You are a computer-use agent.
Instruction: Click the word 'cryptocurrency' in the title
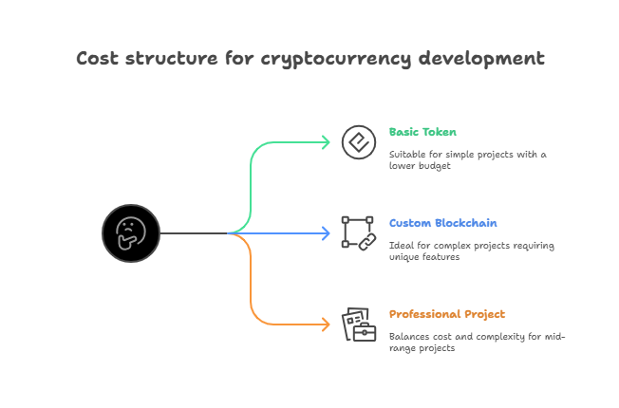tap(335, 60)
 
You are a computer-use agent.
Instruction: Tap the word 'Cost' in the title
tap(97, 59)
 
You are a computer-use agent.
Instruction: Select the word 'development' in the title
tap(481, 59)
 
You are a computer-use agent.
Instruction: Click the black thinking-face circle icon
tap(131, 233)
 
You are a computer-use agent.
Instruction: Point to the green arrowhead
tap(326, 142)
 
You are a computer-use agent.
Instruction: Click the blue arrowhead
tap(326, 233)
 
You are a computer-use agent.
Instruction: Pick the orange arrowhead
tap(326, 325)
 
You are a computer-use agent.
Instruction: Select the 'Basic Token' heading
tap(422, 132)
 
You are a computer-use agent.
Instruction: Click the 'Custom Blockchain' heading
tap(443, 223)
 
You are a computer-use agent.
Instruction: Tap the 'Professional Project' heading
tap(447, 314)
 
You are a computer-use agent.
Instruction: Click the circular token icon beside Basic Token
tap(359, 142)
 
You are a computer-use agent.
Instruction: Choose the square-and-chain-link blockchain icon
tap(359, 233)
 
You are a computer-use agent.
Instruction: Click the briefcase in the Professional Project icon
tap(365, 332)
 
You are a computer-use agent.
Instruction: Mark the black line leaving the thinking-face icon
tap(194, 233)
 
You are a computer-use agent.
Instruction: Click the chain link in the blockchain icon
tap(367, 242)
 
